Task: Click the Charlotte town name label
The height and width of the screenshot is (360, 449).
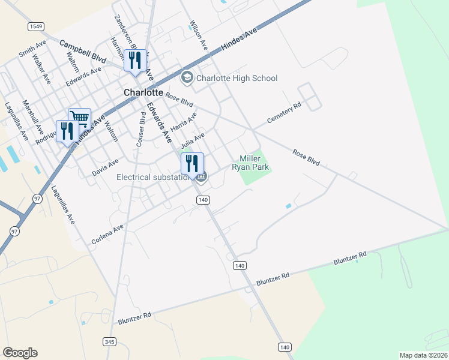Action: (143, 93)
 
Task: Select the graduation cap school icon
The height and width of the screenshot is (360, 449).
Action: (187, 78)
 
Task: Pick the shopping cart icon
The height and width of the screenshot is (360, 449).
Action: (79, 118)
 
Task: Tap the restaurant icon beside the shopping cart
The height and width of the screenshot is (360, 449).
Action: (67, 130)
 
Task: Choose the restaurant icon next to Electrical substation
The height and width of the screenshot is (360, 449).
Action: (192, 163)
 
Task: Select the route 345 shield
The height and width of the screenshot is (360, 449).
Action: (109, 342)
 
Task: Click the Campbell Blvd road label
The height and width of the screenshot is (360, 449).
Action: (82, 52)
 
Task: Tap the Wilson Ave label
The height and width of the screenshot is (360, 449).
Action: (198, 35)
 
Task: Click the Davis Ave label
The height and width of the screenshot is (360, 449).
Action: (105, 167)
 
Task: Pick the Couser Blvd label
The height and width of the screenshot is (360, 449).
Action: (141, 130)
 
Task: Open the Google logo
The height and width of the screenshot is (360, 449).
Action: (20, 353)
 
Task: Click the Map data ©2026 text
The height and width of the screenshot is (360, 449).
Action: (423, 355)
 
